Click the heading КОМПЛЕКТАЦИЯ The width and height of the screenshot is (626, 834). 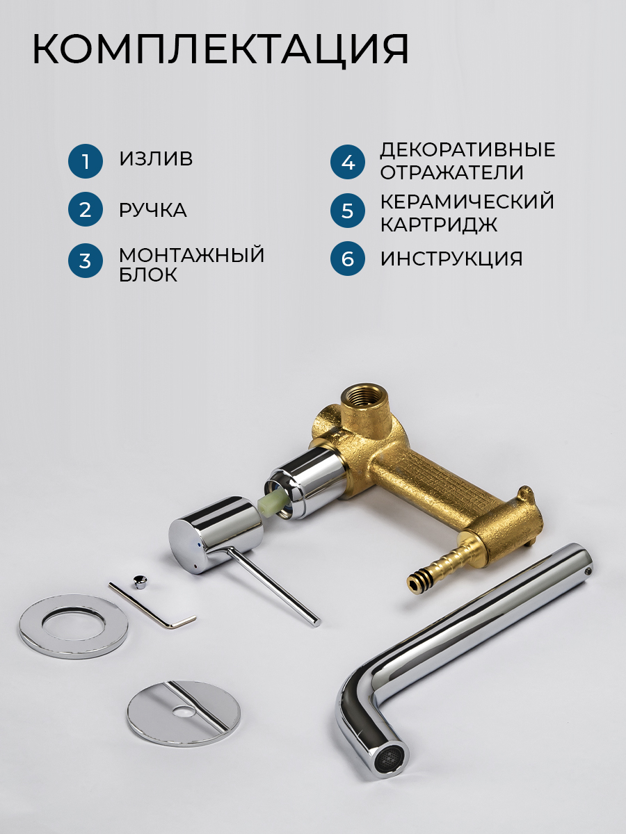coord(220,50)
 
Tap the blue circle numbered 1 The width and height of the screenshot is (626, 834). coord(86,161)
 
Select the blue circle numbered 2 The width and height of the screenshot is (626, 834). coord(86,209)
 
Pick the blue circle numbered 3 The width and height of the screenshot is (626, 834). coord(86,261)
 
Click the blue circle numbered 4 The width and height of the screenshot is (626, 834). coord(348,162)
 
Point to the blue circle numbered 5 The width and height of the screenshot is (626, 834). coord(348,211)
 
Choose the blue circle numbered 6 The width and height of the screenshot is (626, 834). coord(348,259)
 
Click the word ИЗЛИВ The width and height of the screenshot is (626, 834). coord(156,158)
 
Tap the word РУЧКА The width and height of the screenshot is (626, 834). coord(153,210)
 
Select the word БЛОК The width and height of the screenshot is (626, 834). coord(148,275)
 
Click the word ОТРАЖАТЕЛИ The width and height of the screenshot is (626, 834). coord(452,172)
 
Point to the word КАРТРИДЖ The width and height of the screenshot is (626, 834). coord(439,224)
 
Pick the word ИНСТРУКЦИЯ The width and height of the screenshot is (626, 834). coord(451,259)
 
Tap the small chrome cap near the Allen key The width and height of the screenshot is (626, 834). coord(138,582)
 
